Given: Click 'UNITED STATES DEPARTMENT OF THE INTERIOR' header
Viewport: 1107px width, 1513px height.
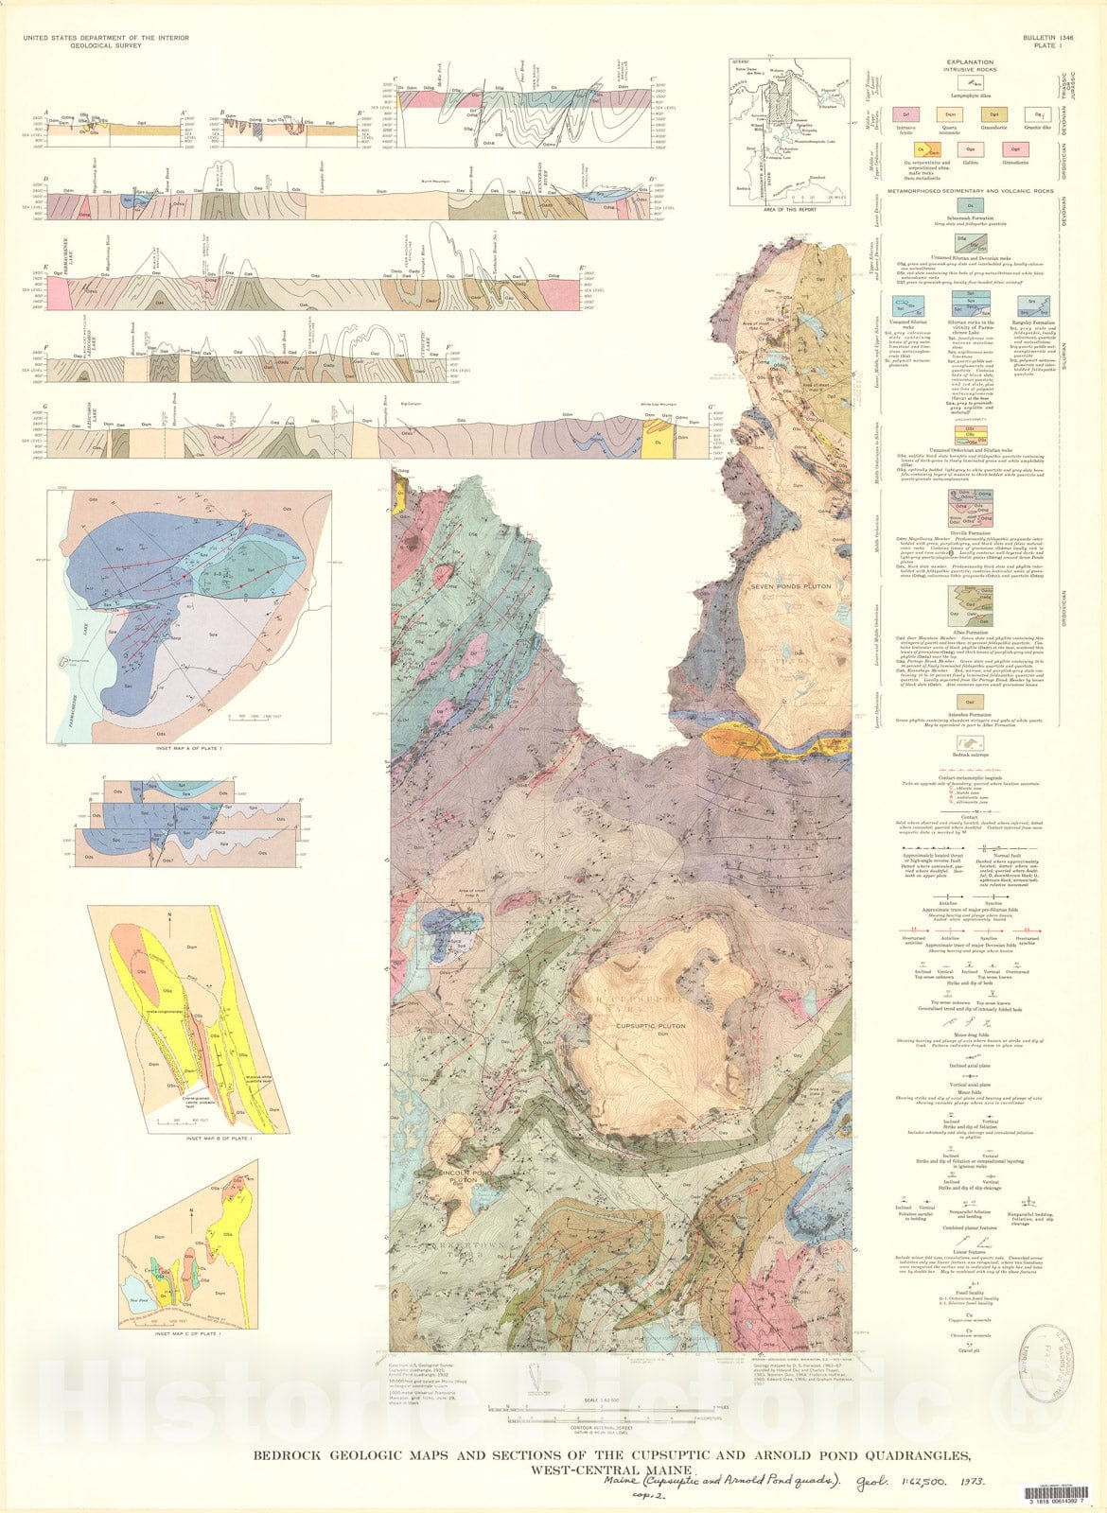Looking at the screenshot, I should coord(104,36).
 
